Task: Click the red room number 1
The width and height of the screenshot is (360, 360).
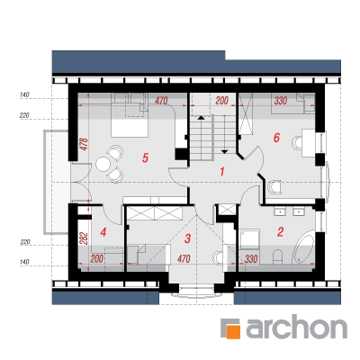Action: click(x=222, y=172)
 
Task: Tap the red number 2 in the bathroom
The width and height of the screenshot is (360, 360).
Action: click(x=280, y=232)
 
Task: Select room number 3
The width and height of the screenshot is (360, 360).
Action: click(x=187, y=238)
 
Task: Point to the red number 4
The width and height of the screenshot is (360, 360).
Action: click(x=103, y=232)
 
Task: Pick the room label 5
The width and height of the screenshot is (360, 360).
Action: click(x=145, y=157)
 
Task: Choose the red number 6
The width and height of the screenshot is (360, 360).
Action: click(x=276, y=138)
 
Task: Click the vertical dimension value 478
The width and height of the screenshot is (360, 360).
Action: click(x=85, y=144)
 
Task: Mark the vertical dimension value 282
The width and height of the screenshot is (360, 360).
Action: click(x=85, y=238)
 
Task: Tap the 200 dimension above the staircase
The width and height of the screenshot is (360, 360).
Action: click(x=222, y=101)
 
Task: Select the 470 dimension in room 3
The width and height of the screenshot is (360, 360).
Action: click(x=184, y=258)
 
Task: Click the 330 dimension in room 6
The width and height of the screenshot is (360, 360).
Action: click(x=281, y=101)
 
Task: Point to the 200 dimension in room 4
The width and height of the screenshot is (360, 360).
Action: click(x=97, y=258)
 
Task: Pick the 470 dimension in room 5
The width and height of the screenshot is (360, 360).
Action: click(x=161, y=101)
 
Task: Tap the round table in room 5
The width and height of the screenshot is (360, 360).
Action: click(x=103, y=164)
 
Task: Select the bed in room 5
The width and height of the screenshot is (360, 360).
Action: click(x=130, y=120)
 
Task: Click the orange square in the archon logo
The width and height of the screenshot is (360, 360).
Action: click(x=233, y=331)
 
